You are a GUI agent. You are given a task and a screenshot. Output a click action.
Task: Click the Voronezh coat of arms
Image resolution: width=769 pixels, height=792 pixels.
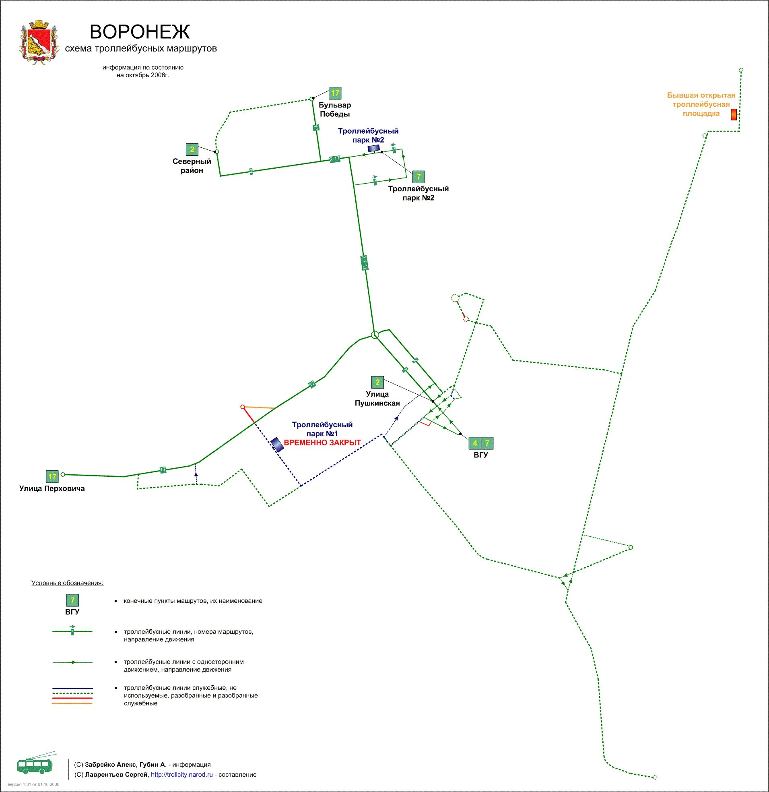pos(39,42)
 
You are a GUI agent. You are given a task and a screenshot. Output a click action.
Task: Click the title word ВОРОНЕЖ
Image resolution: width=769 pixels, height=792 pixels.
pos(139,31)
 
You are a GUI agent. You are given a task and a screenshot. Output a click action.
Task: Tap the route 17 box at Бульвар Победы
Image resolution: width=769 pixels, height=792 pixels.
pos(335,93)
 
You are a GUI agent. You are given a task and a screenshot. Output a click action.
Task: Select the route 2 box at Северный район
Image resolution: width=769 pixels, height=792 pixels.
pos(192,149)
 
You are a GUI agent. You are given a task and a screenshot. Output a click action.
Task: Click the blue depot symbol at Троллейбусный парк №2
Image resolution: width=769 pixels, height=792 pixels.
pos(373,148)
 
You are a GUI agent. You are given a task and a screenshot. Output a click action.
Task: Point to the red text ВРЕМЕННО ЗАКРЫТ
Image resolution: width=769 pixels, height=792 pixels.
pos(322,443)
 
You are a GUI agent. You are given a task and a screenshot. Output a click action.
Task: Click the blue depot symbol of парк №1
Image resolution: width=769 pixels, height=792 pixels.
pos(277,444)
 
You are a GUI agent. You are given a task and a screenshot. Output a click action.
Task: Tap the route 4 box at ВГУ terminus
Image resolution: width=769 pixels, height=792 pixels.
pos(475,443)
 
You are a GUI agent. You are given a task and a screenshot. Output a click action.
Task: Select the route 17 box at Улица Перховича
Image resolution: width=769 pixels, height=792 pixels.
pos(52,476)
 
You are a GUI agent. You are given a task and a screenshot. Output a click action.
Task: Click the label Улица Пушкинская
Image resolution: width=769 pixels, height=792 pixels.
pos(377,399)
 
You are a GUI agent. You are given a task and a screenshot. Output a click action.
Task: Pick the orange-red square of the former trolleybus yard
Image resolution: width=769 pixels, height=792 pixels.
pos(734,114)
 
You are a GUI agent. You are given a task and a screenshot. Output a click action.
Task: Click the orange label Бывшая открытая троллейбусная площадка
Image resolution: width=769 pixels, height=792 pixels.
pos(701,104)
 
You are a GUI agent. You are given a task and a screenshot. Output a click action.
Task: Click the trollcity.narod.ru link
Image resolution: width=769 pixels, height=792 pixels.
pos(182,775)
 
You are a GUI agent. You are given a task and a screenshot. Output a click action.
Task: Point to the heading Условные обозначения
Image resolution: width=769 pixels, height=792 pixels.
pos(68,583)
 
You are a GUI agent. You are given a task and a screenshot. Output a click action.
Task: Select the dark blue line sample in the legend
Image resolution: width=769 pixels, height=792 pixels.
pos(72,688)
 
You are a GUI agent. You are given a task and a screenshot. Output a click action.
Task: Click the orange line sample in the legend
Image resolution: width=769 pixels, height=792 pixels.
pos(72,703)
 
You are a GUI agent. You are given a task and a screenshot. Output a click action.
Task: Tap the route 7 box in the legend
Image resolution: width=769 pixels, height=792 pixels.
pos(72,600)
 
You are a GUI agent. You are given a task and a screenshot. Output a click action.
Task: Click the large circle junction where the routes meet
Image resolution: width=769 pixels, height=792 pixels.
pos(375,335)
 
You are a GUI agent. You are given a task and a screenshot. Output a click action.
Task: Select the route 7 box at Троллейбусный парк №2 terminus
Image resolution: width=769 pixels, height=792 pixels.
pos(419,177)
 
